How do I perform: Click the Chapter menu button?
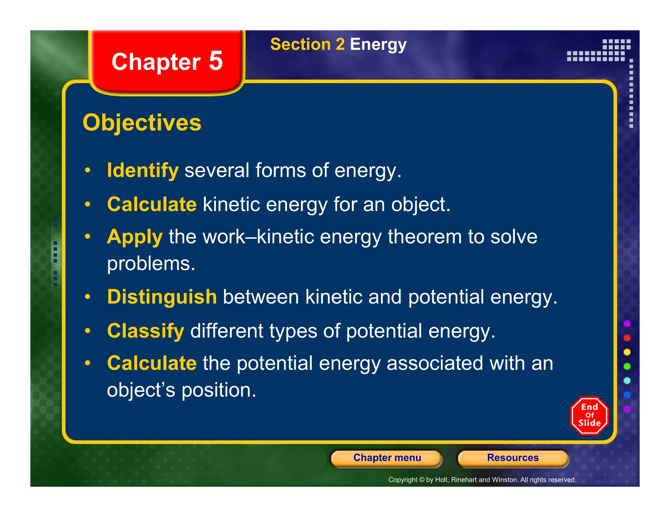pyautogui.click(x=387, y=458)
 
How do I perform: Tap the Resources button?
pyautogui.click(x=513, y=458)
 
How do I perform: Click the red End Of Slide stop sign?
pyautogui.click(x=589, y=415)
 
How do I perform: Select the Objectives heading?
pyautogui.click(x=142, y=123)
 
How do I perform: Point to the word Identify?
pyautogui.click(x=143, y=170)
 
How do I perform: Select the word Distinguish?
pyautogui.click(x=162, y=297)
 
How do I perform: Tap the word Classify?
pyautogui.click(x=146, y=331)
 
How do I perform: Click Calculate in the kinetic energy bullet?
pyautogui.click(x=152, y=204)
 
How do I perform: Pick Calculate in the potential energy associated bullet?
pyautogui.click(x=152, y=363)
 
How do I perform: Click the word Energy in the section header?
pyautogui.click(x=378, y=44)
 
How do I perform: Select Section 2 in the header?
pyautogui.click(x=307, y=44)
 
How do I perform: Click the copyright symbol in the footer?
pyautogui.click(x=422, y=480)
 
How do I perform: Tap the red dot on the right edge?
pyautogui.click(x=627, y=338)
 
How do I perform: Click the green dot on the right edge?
pyautogui.click(x=627, y=366)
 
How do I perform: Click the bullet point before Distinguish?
pyautogui.click(x=87, y=297)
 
